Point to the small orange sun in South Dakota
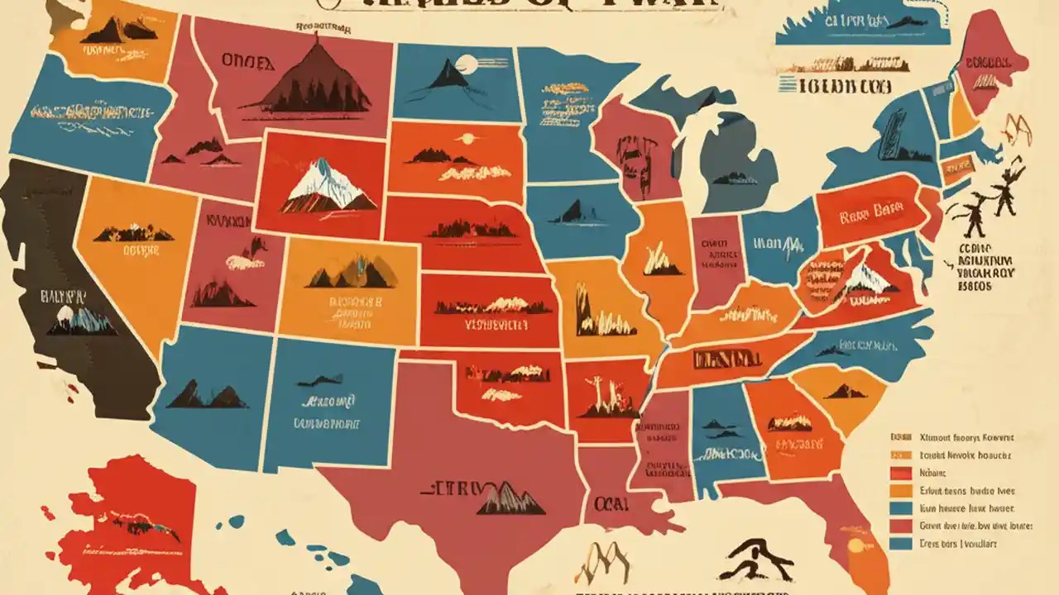[x=467, y=139]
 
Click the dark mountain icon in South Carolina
[x=845, y=391]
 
